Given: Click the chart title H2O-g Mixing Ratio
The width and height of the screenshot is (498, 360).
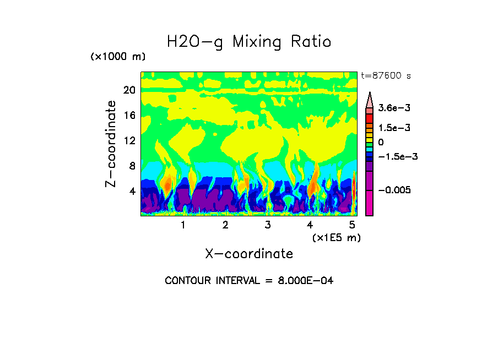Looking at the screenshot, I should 249,42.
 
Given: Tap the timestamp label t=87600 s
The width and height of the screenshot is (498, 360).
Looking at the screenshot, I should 386,76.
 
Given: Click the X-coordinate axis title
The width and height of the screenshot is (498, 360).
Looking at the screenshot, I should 249,254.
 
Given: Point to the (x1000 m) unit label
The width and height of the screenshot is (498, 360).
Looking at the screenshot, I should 118,57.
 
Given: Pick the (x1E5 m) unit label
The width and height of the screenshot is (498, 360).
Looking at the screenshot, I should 336,237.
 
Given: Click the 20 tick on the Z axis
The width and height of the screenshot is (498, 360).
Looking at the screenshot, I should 129,90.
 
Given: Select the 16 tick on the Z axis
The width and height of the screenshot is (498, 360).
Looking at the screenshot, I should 129,116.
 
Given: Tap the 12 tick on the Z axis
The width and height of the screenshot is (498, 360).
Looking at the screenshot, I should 129,141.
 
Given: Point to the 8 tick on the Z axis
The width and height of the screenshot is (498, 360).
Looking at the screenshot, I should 132,166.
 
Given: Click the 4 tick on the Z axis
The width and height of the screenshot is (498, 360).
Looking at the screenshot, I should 132,192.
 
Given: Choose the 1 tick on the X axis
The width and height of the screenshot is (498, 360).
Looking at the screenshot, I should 183,225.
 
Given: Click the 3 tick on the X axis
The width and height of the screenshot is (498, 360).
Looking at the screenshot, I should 268,225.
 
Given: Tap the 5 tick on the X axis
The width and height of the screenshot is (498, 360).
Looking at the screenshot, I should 353,225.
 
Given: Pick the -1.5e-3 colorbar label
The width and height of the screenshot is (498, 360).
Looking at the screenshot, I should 398,157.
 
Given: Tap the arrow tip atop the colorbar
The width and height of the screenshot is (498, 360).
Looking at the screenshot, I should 370,94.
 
